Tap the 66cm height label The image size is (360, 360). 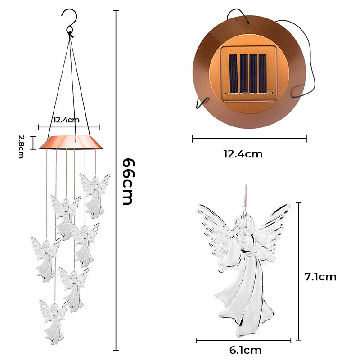point(128,181)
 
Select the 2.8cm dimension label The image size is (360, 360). point(21,146)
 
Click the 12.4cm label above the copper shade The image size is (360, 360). point(66,120)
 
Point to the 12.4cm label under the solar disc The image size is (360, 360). point(243,154)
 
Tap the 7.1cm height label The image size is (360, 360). point(320,277)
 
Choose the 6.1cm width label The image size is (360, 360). point(245,350)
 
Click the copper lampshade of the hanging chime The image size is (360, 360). point(72,143)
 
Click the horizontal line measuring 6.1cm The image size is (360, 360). point(243,340)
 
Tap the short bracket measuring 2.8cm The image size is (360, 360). point(32,143)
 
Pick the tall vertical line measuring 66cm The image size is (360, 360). point(117,180)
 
